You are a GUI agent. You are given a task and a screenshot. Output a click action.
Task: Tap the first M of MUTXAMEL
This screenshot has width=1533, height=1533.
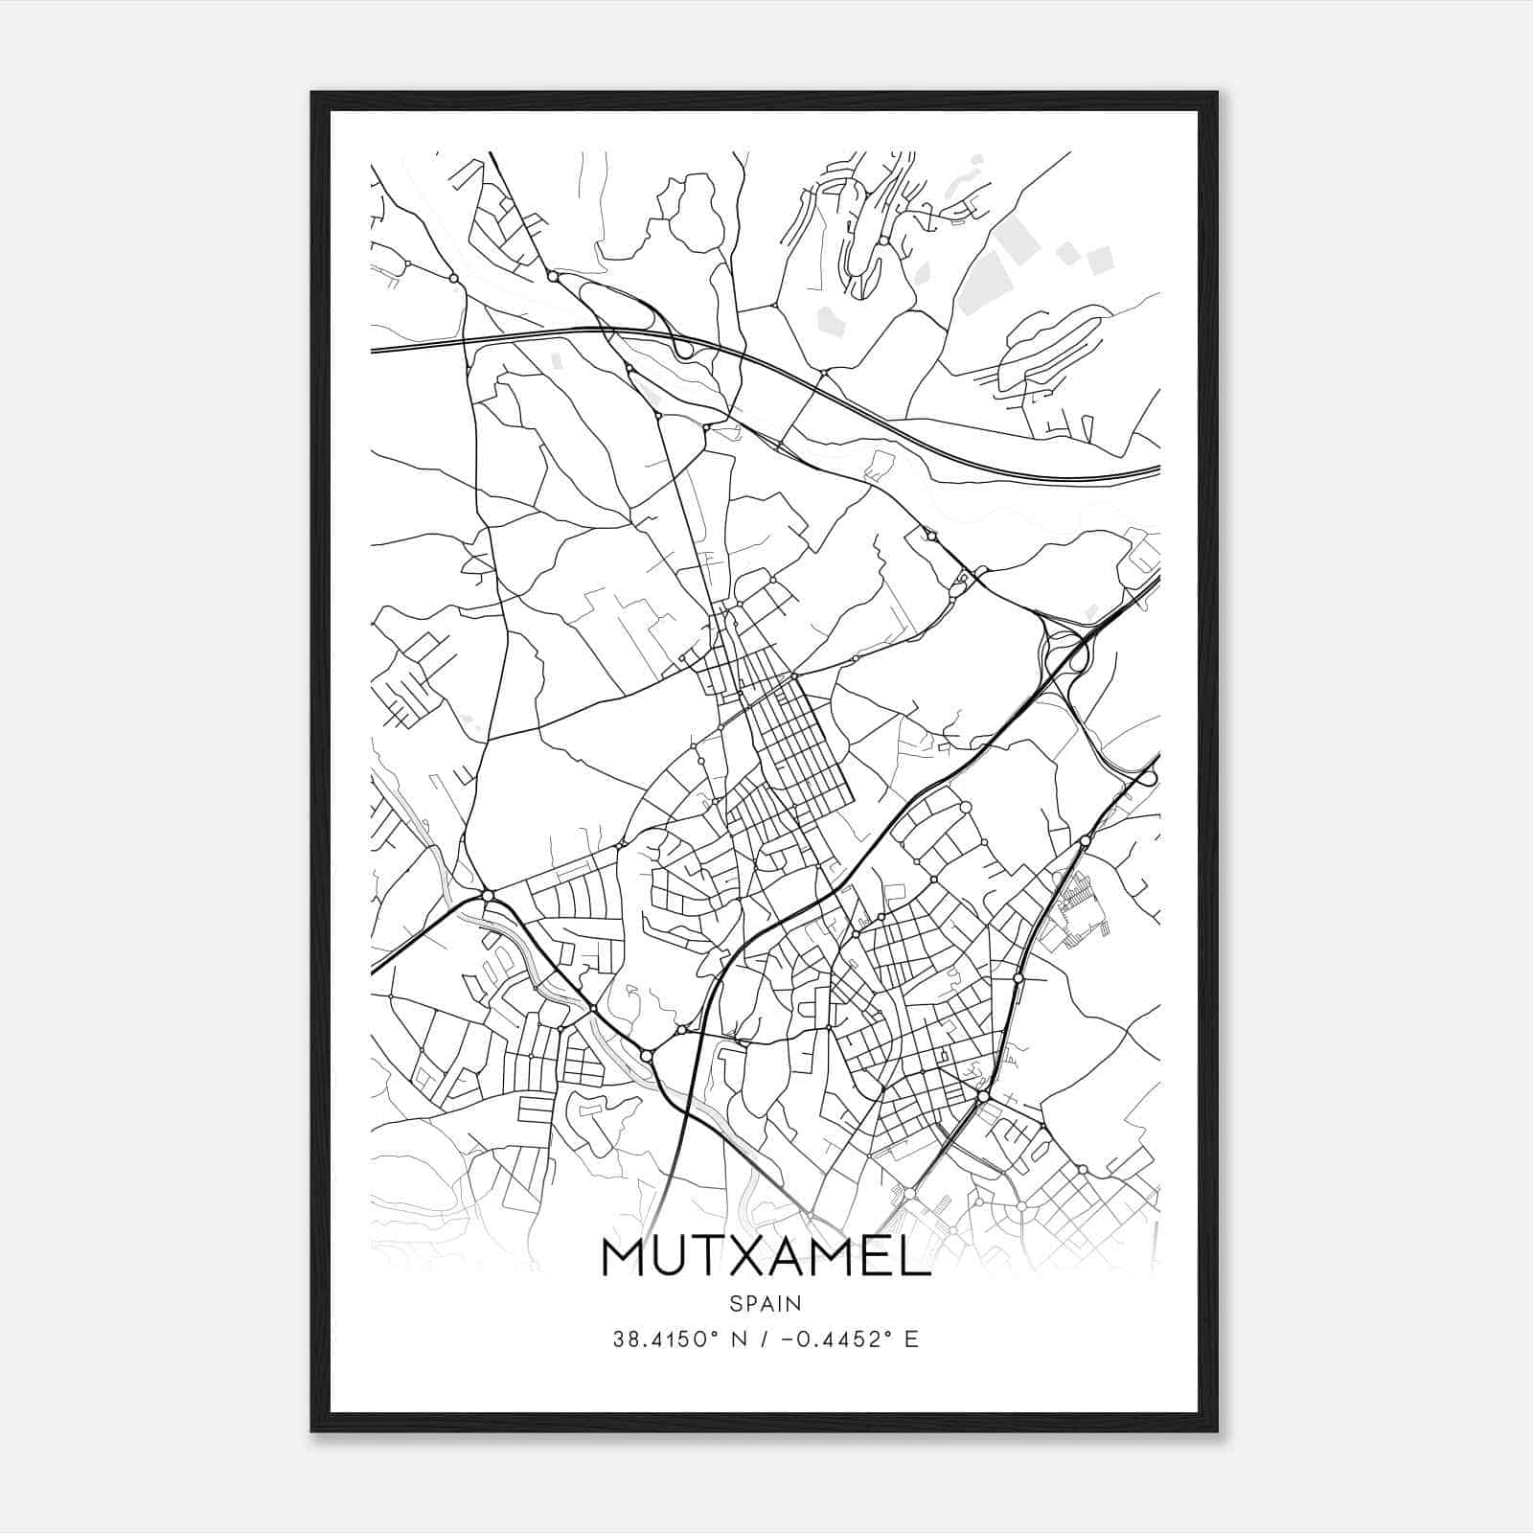click(x=626, y=1259)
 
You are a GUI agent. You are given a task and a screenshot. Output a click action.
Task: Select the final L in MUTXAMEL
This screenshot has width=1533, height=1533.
click(x=915, y=1259)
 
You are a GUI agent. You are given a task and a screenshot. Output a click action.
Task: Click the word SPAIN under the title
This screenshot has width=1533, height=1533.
click(x=765, y=1304)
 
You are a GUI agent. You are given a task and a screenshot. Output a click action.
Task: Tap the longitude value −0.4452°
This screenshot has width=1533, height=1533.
click(x=834, y=1339)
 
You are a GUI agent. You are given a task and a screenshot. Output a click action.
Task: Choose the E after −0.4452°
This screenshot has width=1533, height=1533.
click(x=910, y=1339)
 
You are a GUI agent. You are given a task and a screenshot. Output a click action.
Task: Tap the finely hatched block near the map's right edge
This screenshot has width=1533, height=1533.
click(x=1078, y=901)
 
